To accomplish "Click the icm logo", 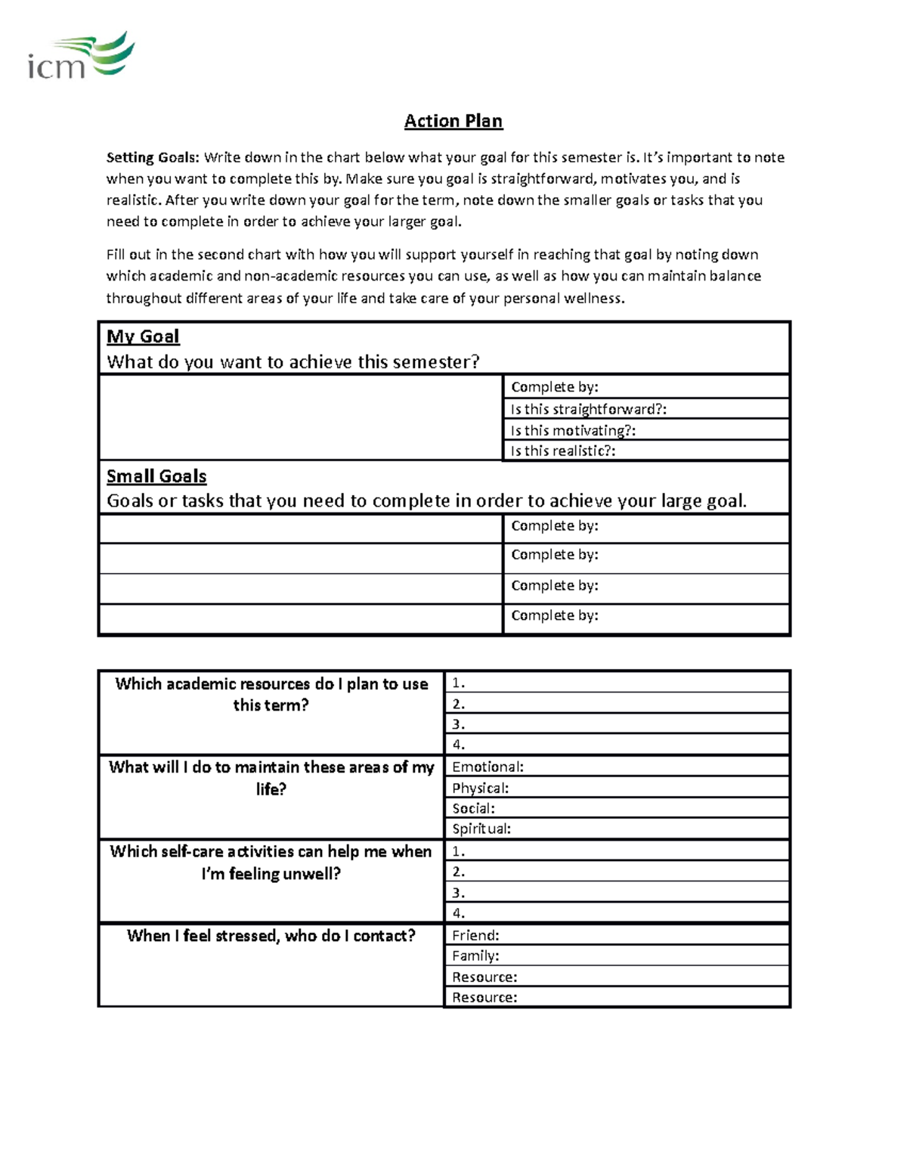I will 81,57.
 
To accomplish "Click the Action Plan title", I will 453,121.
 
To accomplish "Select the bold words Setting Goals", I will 153,157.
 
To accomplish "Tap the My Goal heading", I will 143,336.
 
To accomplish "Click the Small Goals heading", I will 156,476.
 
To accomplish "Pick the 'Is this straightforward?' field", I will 646,409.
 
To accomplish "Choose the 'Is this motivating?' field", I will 646,430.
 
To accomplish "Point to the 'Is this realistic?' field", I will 646,451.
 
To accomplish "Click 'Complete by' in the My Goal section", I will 646,387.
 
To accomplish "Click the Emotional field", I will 616,767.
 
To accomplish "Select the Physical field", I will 616,788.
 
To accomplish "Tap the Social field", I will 616,808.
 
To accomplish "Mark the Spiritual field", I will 616,829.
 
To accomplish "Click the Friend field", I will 616,935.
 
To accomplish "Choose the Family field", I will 616,956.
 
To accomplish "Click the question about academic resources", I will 271,694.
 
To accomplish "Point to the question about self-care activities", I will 271,862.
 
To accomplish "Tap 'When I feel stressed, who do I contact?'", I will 271,936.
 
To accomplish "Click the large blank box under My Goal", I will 301,417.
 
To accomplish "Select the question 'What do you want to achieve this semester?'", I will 293,362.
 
